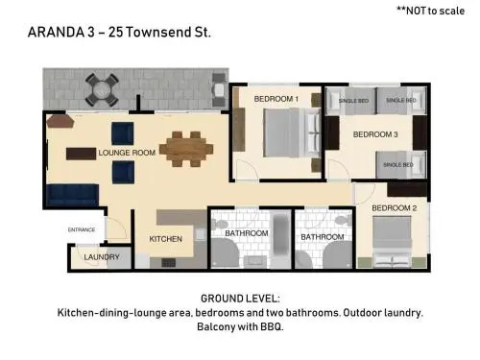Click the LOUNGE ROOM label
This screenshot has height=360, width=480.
point(127,153)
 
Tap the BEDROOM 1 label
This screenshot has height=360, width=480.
point(276,99)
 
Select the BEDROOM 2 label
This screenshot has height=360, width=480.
point(395,208)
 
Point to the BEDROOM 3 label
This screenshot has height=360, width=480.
point(375,134)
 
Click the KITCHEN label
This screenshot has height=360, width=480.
point(165,239)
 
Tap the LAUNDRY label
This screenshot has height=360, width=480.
point(102,257)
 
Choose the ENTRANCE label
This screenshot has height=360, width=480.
point(82,229)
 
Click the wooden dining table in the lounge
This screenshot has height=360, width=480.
point(186,149)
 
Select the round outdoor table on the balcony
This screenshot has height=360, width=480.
point(102,90)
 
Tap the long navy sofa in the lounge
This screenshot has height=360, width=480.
point(73,195)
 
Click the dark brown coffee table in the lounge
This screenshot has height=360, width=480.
point(81,154)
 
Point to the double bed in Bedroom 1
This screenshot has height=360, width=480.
point(292,132)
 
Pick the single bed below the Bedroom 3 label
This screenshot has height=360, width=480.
point(401,165)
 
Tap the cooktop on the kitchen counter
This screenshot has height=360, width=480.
point(168,263)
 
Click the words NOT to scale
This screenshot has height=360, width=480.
point(435,11)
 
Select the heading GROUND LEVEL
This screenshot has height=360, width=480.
point(240,299)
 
